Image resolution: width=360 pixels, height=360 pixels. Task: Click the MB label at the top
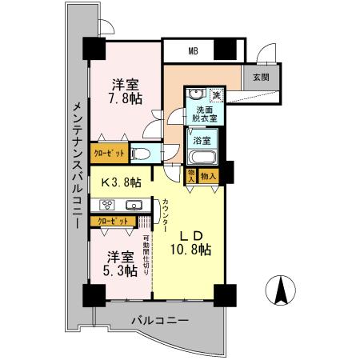[193, 51]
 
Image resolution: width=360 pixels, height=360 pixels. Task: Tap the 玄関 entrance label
[260, 78]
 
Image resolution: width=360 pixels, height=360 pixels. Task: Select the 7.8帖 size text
[126, 99]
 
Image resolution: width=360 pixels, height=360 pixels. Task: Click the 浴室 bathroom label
[202, 139]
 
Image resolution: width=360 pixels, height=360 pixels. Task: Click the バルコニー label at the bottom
[160, 322]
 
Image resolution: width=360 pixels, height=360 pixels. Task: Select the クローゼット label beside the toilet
[109, 152]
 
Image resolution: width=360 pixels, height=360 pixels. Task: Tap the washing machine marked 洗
[215, 95]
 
